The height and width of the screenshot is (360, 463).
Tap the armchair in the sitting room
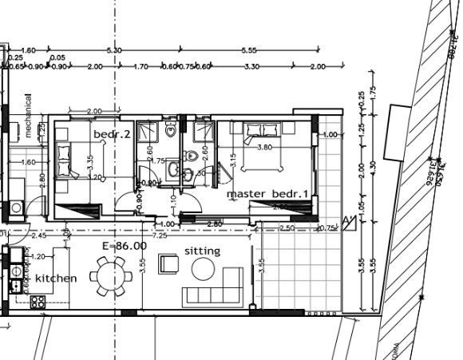(169, 263)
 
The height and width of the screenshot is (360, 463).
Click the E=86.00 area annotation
(125, 247)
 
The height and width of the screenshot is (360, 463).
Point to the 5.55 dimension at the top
(248, 50)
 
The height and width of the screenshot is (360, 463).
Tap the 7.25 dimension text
(159, 236)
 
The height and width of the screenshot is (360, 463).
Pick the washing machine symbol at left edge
(16, 208)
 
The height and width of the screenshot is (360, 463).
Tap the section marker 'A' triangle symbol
(347, 223)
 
